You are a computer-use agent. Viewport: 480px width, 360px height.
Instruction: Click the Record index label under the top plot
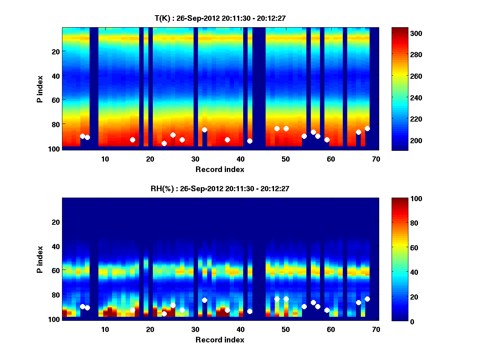point(220,169)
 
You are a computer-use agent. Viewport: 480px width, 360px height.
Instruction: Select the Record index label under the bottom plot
point(220,340)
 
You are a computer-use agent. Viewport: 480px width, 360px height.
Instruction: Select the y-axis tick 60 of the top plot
point(56,100)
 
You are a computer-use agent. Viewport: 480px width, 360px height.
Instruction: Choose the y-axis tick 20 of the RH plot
point(56,222)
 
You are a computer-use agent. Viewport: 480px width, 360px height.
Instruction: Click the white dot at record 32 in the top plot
point(204,130)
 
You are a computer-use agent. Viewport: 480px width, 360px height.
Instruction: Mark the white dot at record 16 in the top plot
point(132,140)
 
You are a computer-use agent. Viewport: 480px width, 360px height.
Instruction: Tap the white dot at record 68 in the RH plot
point(367,299)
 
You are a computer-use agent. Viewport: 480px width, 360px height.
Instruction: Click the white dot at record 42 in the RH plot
point(250,311)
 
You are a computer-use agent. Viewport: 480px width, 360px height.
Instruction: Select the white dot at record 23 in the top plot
point(164,143)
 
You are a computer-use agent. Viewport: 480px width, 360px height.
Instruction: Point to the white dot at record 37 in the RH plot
point(227,310)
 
